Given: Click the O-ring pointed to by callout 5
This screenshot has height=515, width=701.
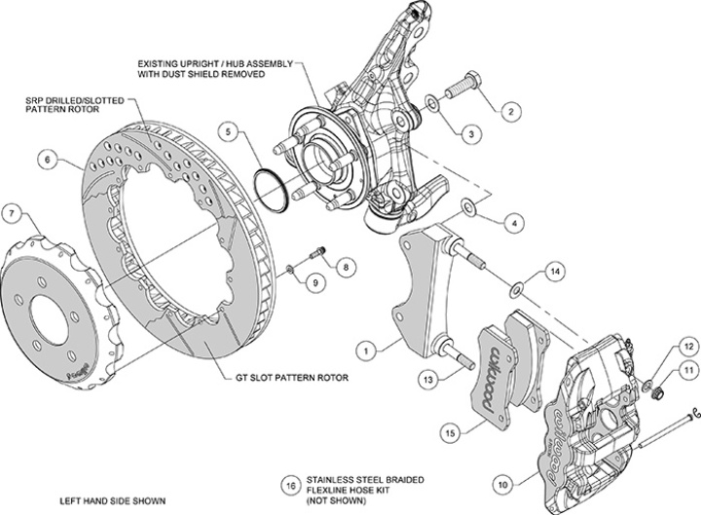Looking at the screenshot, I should coord(272,190).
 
